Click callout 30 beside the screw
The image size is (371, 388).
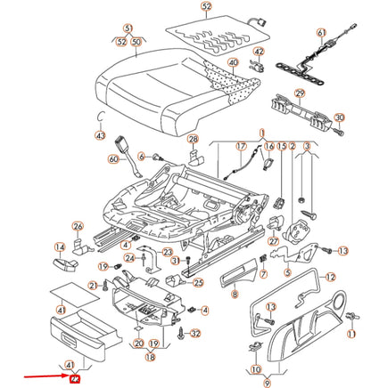tap(339, 117)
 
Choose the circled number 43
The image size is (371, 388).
tap(101, 136)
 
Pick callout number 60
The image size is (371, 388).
tap(112, 159)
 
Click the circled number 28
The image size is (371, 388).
tap(193, 139)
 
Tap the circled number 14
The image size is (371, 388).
tap(61, 248)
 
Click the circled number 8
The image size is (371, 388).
tap(235, 295)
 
